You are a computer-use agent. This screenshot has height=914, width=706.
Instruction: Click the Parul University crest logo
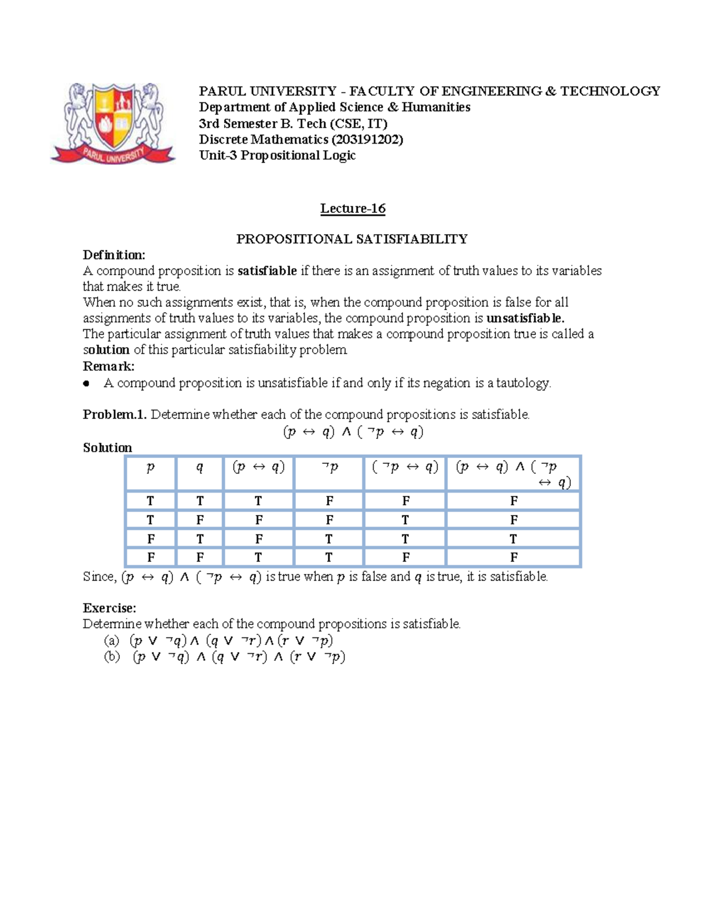pyautogui.click(x=113, y=123)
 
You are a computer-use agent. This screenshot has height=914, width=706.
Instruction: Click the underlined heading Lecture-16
pyautogui.click(x=352, y=208)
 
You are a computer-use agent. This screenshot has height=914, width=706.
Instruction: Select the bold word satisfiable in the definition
pyautogui.click(x=267, y=271)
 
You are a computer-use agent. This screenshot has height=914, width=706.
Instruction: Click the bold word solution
pyautogui.click(x=106, y=350)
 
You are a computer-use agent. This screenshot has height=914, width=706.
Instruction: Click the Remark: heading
pyautogui.click(x=109, y=366)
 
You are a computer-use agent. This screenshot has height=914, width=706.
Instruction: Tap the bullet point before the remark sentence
pyautogui.click(x=87, y=383)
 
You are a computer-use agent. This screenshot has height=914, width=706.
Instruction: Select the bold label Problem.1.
pyautogui.click(x=115, y=414)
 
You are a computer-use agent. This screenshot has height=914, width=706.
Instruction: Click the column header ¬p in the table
pyautogui.click(x=329, y=467)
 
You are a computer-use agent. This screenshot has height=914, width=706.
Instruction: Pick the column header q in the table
pyautogui.click(x=199, y=467)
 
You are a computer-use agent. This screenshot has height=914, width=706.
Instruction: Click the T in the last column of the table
pyautogui.click(x=514, y=539)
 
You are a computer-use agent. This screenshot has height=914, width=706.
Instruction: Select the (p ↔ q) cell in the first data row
pyautogui.click(x=258, y=501)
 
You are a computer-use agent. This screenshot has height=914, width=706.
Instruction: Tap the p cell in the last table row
pyautogui.click(x=151, y=557)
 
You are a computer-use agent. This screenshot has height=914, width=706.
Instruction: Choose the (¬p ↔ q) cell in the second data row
pyautogui.click(x=405, y=520)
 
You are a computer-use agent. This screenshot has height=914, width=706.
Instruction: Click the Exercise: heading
pyautogui.click(x=109, y=608)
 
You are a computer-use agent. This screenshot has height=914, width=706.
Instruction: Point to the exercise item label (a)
pyautogui.click(x=111, y=640)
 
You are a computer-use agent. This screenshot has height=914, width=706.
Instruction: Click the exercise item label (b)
pyautogui.click(x=112, y=657)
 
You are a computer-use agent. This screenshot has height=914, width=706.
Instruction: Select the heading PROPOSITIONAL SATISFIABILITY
pyautogui.click(x=352, y=239)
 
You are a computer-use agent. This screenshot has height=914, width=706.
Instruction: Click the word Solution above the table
pyautogui.click(x=107, y=447)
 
